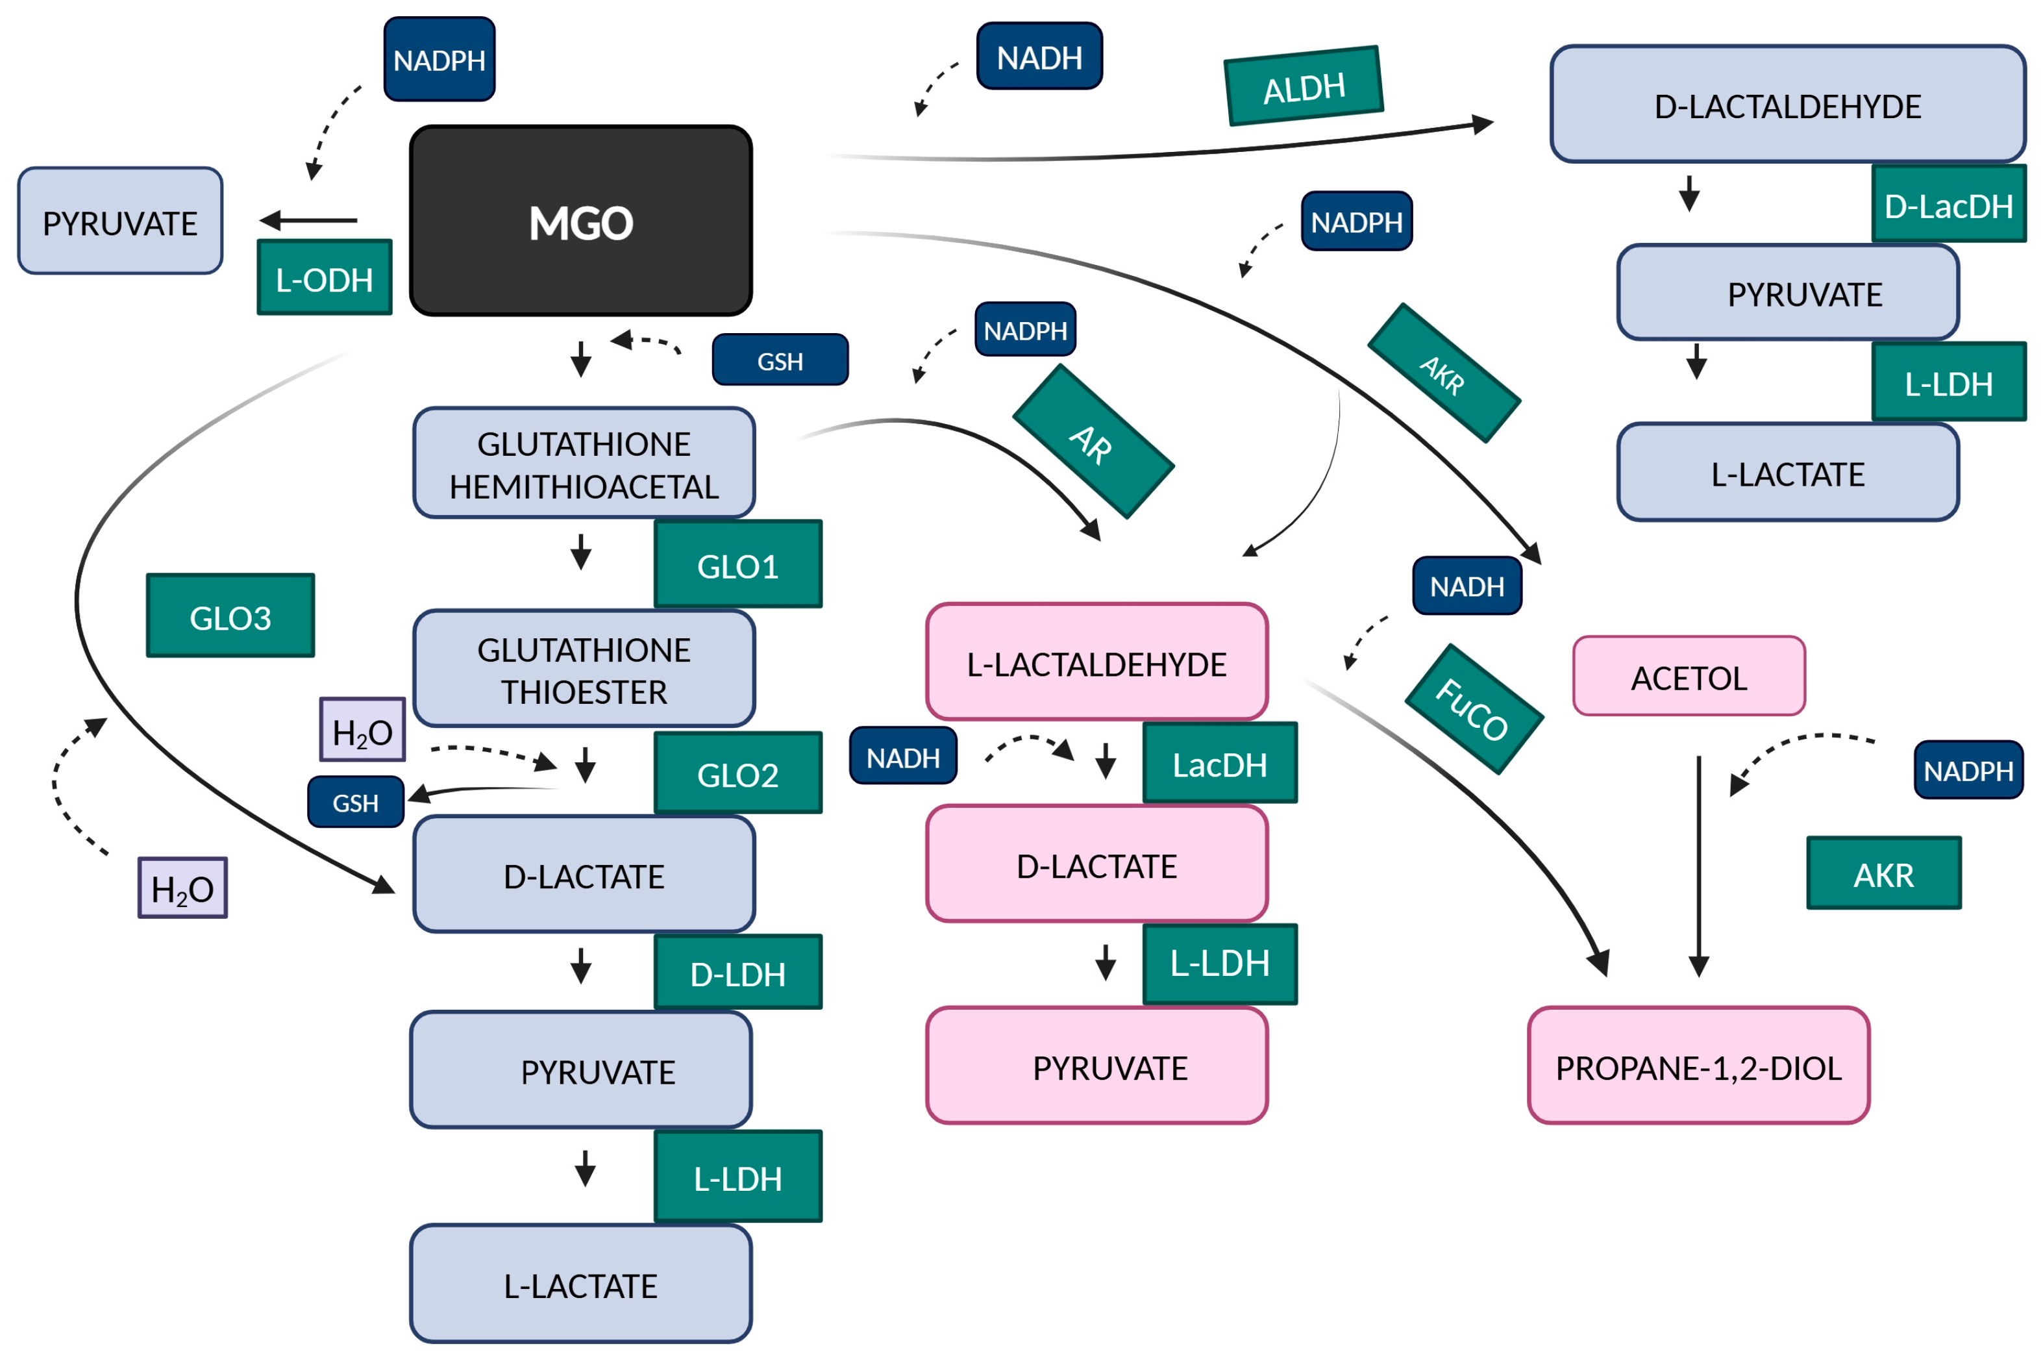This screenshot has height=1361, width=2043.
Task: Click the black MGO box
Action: pos(580,221)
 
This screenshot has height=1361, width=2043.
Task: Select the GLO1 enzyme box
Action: pos(737,564)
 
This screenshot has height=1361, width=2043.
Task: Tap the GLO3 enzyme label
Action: pos(230,616)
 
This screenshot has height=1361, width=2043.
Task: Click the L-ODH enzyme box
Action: pos(324,278)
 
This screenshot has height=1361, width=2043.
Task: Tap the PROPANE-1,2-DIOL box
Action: pos(1697,1066)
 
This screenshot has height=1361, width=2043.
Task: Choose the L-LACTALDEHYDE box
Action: pos(1095,662)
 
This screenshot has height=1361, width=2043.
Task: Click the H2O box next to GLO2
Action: pos(362,730)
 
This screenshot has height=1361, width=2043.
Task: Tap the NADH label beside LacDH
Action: pos(902,756)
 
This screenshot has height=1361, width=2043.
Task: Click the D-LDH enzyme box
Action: pos(737,972)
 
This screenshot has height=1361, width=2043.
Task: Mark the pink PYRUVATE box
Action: pos(1095,1066)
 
